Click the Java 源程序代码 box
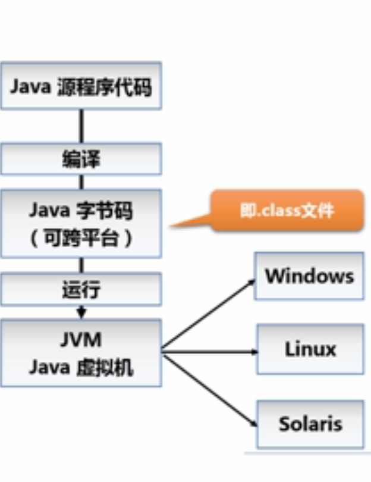81,86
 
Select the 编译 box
81,159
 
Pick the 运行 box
81,290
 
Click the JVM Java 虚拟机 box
81,353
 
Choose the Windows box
309,276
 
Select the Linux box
310,349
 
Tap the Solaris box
310,424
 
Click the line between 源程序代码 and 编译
81,126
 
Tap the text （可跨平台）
81,239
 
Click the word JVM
81,340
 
